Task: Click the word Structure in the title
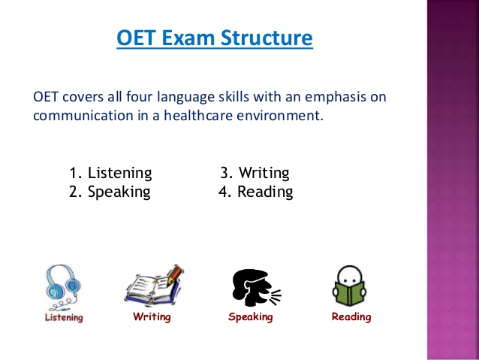point(267,38)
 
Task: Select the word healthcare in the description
point(198,115)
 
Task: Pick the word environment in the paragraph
point(279,116)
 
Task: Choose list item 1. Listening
point(110,173)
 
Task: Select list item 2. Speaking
point(110,192)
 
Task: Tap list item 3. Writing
point(255,173)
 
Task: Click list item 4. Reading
point(256,192)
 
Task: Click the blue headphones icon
point(63,287)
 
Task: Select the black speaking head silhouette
point(256,288)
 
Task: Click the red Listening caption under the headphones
point(64,317)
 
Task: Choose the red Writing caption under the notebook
point(152,316)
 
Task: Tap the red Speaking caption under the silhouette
point(251,317)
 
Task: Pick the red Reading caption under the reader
point(351,316)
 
